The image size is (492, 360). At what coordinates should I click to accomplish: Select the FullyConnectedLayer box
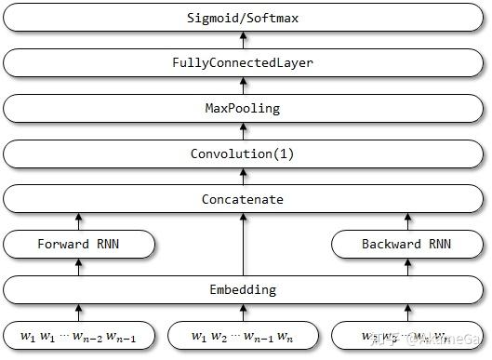pyautogui.click(x=246, y=63)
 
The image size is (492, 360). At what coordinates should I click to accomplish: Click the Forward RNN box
pyautogui.click(x=78, y=245)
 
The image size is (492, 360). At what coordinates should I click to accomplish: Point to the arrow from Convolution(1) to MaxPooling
pyautogui.click(x=246, y=131)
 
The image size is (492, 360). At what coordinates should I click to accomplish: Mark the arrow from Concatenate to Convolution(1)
pyautogui.click(x=246, y=177)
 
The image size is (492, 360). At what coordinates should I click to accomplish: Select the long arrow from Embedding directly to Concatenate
pyautogui.click(x=246, y=245)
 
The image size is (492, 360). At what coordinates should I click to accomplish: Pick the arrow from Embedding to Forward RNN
pyautogui.click(x=78, y=267)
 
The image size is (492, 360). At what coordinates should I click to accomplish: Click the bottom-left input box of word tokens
pyautogui.click(x=78, y=336)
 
